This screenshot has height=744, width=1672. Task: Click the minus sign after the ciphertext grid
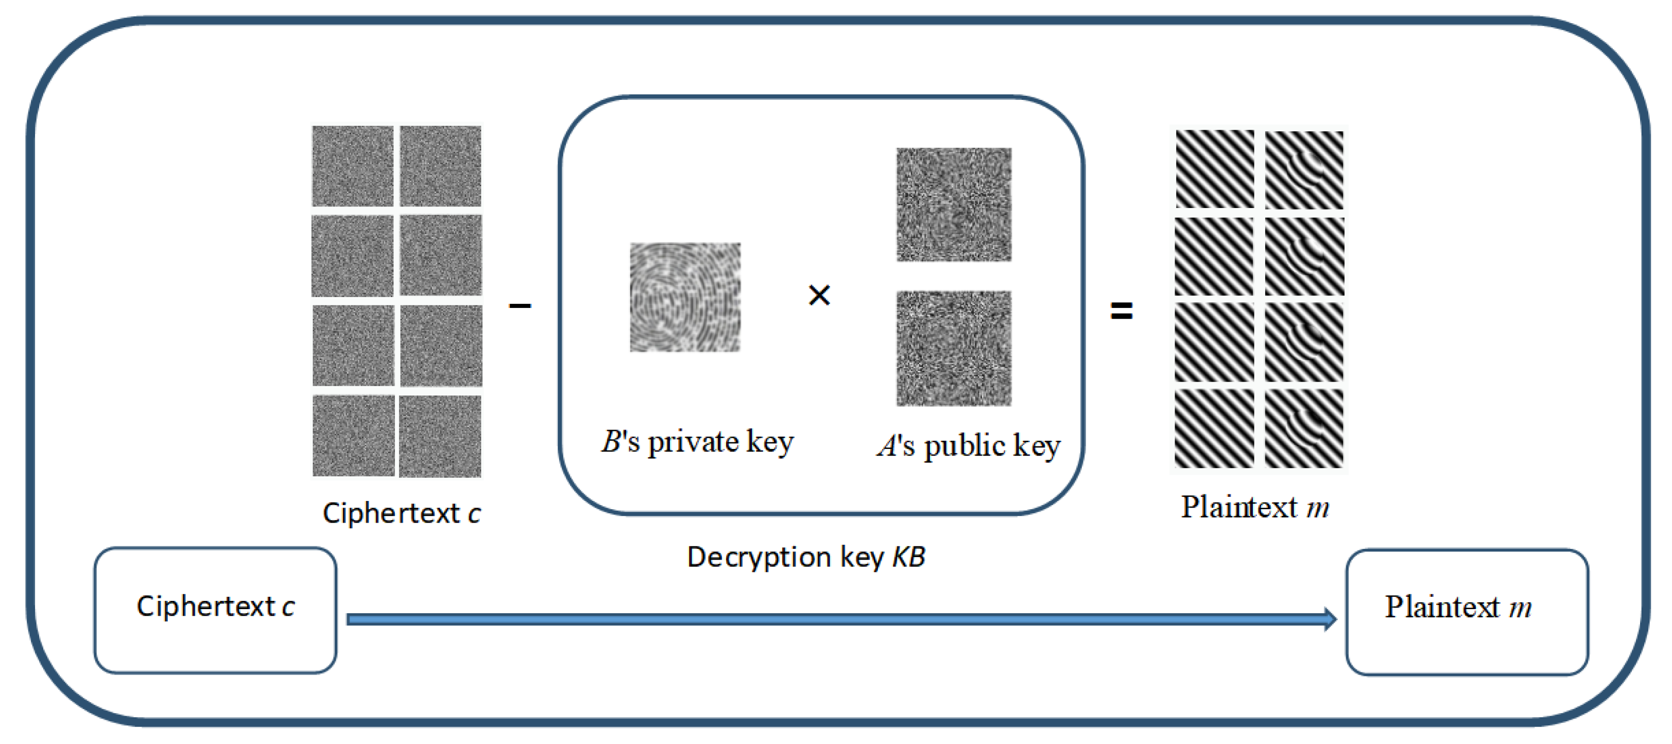[520, 305]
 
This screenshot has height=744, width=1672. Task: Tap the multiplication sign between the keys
[819, 296]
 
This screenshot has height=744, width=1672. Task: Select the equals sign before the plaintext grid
[1122, 310]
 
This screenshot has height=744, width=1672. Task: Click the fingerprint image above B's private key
[685, 297]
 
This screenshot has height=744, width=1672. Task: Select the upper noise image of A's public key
[954, 204]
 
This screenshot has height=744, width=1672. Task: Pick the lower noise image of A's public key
[954, 349]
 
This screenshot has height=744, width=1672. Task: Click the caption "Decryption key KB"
[805, 557]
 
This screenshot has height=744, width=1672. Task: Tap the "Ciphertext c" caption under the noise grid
[402, 513]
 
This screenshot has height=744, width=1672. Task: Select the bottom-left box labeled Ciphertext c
[215, 610]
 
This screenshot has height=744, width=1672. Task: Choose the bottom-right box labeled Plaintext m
[1467, 612]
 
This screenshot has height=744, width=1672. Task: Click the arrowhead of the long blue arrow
[1329, 619]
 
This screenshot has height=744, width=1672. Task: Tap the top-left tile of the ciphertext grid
[352, 166]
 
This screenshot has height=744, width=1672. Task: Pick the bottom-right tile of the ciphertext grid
[441, 436]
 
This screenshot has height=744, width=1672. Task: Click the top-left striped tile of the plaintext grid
[1214, 169]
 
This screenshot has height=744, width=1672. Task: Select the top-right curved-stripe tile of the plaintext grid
[1304, 169]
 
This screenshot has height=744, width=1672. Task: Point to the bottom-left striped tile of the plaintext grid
[1214, 428]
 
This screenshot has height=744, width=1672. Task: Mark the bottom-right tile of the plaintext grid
[1304, 428]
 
